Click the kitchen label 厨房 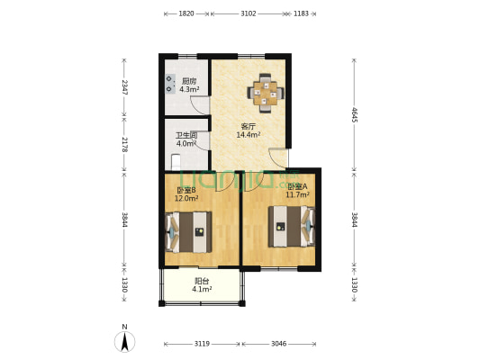189,81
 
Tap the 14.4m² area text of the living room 249,135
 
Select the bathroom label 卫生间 186,135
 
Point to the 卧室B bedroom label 186,190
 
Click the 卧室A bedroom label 297,186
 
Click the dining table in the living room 267,91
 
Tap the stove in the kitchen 170,84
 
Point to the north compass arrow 125,340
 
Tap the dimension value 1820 186,13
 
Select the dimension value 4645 354,114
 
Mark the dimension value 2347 125,87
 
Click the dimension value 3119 202,344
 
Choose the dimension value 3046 279,344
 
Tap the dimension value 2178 125,145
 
